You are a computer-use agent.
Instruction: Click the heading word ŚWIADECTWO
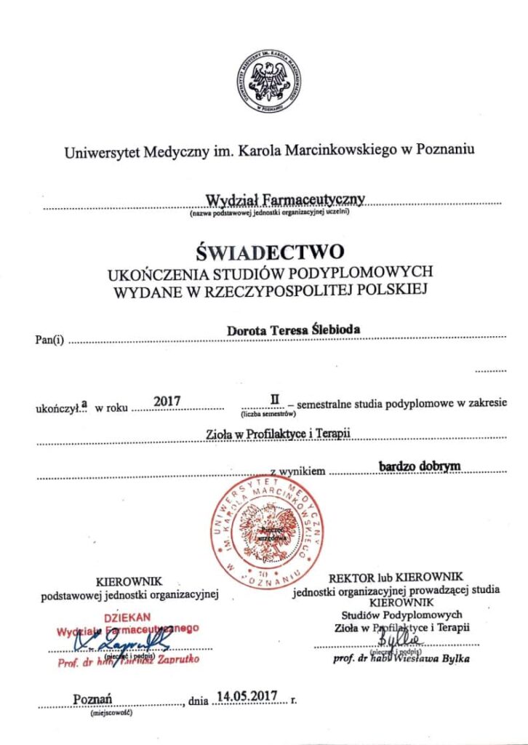pyautogui.click(x=269, y=252)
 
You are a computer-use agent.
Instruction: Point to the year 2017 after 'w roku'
pyautogui.click(x=167, y=399)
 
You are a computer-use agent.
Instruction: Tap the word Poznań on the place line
pyautogui.click(x=92, y=699)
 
